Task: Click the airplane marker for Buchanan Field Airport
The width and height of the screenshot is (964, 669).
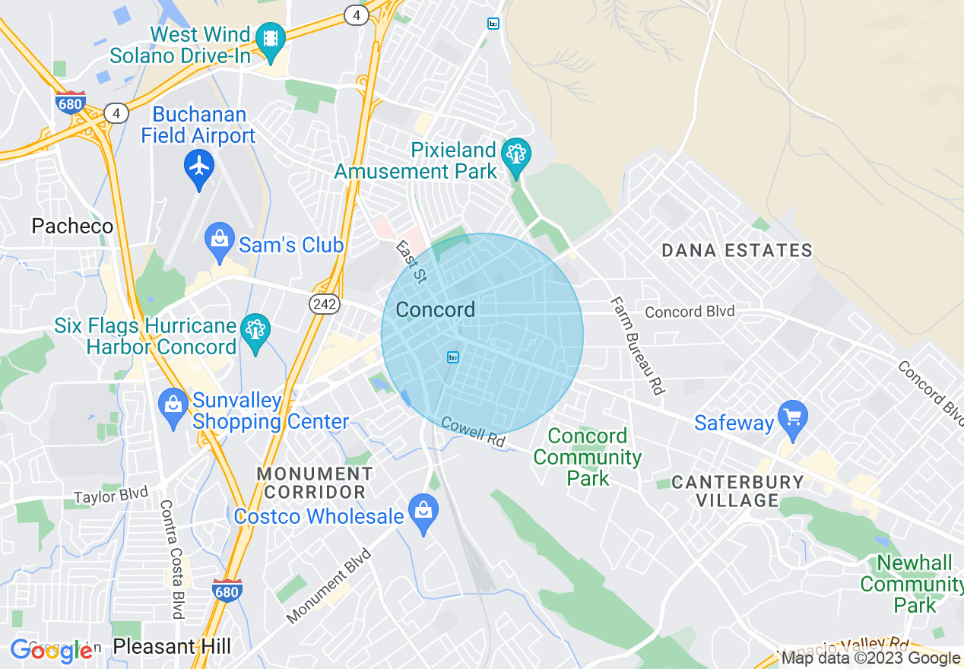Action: [199, 166]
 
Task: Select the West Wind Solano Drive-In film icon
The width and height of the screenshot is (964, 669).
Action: [270, 38]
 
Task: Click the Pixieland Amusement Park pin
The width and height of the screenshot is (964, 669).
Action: [517, 155]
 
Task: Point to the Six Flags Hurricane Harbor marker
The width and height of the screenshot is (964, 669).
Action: [255, 330]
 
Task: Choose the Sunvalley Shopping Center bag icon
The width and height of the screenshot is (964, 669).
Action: [173, 404]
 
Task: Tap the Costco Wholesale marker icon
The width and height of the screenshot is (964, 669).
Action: [423, 511]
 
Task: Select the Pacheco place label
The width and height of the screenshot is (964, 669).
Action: [72, 226]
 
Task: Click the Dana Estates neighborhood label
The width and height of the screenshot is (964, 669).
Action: [737, 250]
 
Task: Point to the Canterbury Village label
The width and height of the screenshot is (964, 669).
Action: [737, 491]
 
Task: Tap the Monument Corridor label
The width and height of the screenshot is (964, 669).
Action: [315, 483]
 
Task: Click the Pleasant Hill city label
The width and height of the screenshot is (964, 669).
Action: [172, 647]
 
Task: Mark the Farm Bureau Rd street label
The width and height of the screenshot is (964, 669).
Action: [637, 345]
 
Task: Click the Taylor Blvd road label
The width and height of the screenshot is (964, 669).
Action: [110, 496]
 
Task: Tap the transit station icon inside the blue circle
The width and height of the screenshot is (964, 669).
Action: [453, 357]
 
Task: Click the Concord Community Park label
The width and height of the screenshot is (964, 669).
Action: [588, 457]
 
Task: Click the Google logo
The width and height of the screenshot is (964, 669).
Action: [51, 650]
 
